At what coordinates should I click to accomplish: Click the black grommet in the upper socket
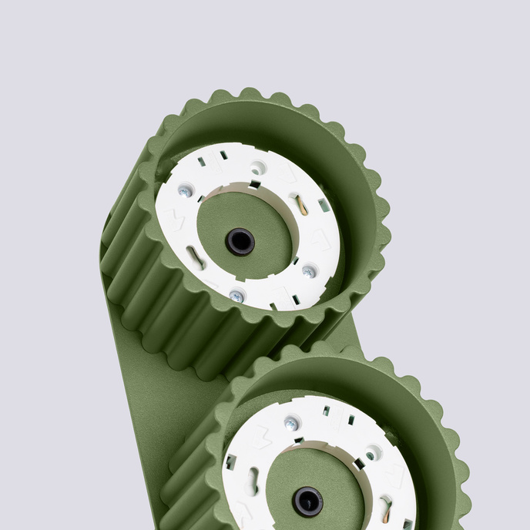pyautogui.click(x=240, y=241)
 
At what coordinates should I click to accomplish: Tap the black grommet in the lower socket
pyautogui.click(x=307, y=501)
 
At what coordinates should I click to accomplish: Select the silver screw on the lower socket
pyautogui.click(x=291, y=423)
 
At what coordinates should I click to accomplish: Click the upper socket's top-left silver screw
pyautogui.click(x=185, y=190)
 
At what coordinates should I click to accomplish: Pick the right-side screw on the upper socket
pyautogui.click(x=309, y=271)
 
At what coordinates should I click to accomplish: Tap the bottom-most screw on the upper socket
pyautogui.click(x=236, y=296)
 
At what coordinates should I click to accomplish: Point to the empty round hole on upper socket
pyautogui.click(x=259, y=165)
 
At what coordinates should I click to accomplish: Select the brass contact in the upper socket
pyautogui.click(x=303, y=206)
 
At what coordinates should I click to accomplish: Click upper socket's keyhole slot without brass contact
pyautogui.click(x=196, y=257)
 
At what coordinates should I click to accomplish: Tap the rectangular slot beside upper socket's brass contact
pyautogui.click(x=324, y=206)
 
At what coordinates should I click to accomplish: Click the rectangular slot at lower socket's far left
pyautogui.click(x=230, y=461)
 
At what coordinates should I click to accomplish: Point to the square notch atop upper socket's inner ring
pyautogui.click(x=255, y=184)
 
